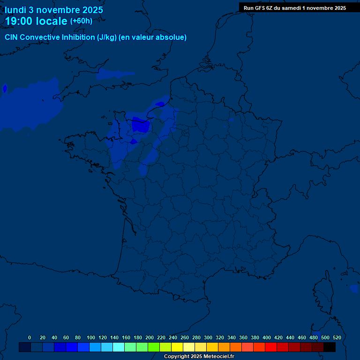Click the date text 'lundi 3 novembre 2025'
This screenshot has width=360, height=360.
point(54,10)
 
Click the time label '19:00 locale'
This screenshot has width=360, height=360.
point(36,21)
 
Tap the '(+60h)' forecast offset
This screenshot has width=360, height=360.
point(81,21)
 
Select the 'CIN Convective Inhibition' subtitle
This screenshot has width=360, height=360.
point(50,37)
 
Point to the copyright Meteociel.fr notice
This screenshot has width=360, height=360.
point(199,357)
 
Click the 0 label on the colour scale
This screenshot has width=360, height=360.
point(30,337)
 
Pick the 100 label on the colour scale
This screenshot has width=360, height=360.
point(90,337)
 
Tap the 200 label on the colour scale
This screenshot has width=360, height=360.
point(149,337)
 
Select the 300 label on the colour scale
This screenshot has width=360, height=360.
point(208,337)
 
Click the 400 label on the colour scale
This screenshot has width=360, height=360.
point(266,337)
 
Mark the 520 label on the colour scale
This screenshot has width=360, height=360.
point(337,337)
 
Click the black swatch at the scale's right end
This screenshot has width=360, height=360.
point(330,347)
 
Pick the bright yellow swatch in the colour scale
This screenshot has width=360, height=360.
point(177,347)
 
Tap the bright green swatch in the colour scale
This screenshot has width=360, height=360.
point(154,347)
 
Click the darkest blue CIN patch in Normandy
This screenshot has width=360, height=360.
point(140,126)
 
